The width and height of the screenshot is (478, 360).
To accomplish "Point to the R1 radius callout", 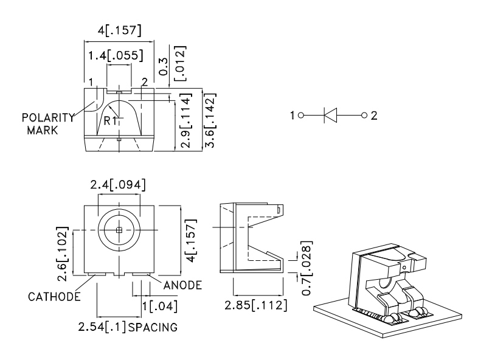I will point(110,120).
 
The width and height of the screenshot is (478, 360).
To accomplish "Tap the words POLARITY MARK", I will point(47,123).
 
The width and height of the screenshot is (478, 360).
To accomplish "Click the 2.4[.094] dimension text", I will point(119,184).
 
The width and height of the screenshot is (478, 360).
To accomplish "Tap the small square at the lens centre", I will point(119,229).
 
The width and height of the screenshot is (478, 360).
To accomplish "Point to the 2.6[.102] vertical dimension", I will point(63,254).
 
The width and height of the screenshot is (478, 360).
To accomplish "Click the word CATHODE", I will point(55,297).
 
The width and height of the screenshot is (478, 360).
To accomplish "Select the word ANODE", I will point(182,285).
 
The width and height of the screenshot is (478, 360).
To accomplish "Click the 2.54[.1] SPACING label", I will point(128,327).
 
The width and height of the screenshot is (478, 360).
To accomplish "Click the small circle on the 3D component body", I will point(403,267).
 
